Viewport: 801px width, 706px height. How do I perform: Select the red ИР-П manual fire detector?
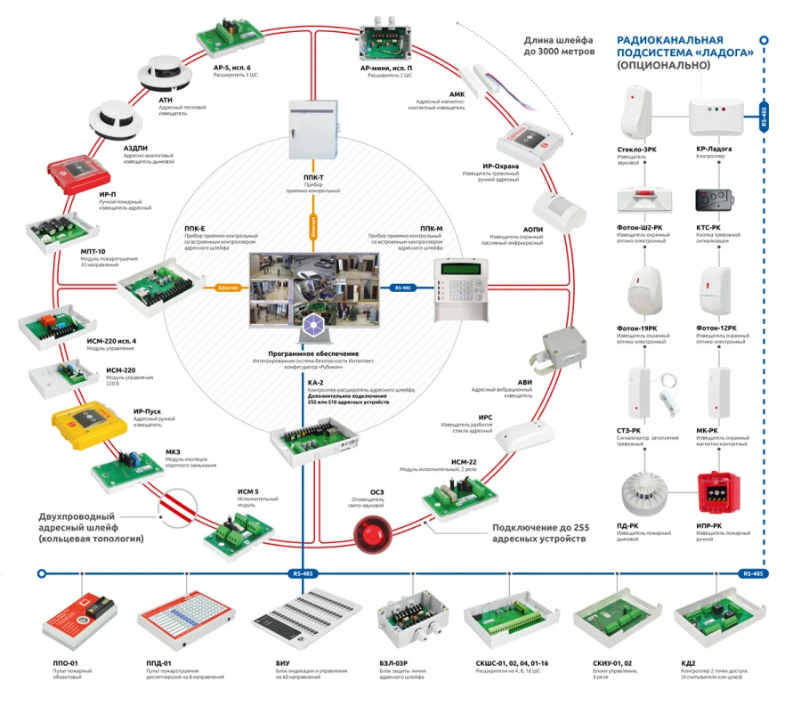[x=77, y=179]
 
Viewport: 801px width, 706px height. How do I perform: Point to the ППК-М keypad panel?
[x=460, y=290]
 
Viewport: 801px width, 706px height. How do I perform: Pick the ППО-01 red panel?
[x=81, y=617]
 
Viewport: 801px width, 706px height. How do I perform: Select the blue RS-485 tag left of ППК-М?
[x=402, y=288]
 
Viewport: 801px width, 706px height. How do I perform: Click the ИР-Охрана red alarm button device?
[x=530, y=135]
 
